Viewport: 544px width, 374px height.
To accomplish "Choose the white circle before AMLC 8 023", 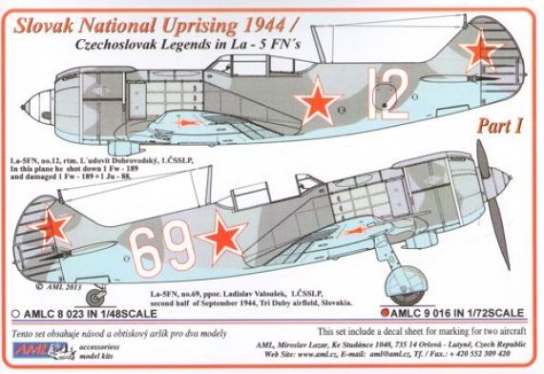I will point(12,311).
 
